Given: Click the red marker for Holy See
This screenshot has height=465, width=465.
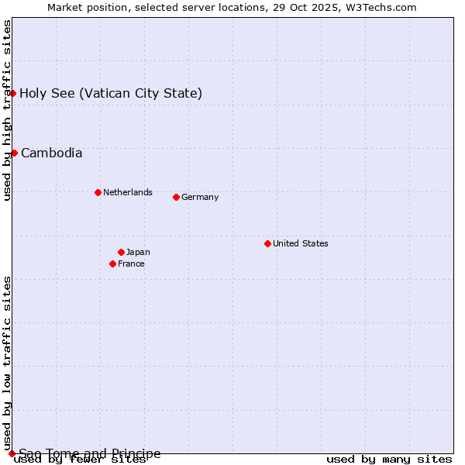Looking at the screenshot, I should (12, 93).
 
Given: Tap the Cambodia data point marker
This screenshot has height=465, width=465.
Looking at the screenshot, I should (14, 153).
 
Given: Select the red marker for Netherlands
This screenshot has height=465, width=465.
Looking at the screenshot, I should (98, 192).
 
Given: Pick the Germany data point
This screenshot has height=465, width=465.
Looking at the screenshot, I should (176, 197).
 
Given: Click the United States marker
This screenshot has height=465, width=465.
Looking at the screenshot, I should (267, 243).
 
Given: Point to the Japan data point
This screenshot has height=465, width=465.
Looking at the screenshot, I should (121, 252).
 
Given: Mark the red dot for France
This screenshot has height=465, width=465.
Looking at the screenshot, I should (112, 263).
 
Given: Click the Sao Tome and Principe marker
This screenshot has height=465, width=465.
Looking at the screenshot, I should (12, 453).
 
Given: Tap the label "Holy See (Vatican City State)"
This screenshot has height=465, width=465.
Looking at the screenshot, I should (111, 94).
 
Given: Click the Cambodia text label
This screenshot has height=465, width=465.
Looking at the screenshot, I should (51, 153).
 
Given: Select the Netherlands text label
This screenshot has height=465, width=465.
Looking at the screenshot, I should (128, 192).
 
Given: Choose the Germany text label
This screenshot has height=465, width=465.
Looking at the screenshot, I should (200, 197).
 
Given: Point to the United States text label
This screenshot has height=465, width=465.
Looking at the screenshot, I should (301, 243).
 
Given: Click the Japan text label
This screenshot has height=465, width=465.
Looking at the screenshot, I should (138, 252).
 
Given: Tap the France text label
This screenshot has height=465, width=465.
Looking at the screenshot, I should (131, 263).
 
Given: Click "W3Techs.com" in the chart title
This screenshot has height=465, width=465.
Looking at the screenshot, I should (381, 7).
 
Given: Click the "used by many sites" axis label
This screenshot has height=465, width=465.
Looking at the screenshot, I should (389, 460).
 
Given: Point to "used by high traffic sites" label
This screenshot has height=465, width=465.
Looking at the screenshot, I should (7, 110).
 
